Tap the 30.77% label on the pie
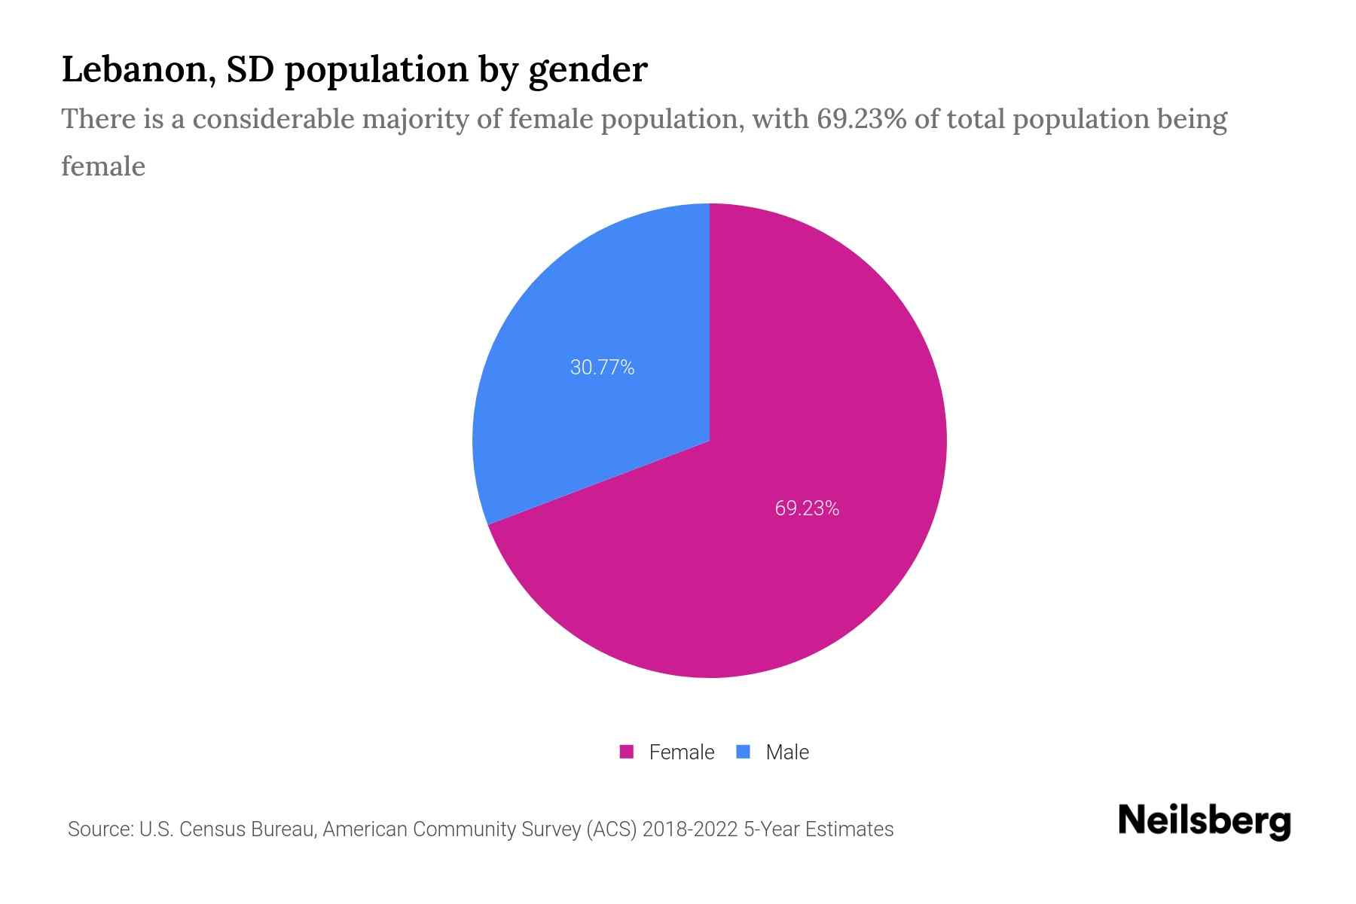(x=602, y=368)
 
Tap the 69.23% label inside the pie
(x=807, y=508)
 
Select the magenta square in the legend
(x=627, y=752)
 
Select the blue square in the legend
(x=744, y=752)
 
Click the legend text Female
(x=681, y=752)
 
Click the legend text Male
(x=786, y=752)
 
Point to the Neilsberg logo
(x=1204, y=821)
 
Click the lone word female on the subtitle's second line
(x=103, y=166)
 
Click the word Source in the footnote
(x=99, y=829)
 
